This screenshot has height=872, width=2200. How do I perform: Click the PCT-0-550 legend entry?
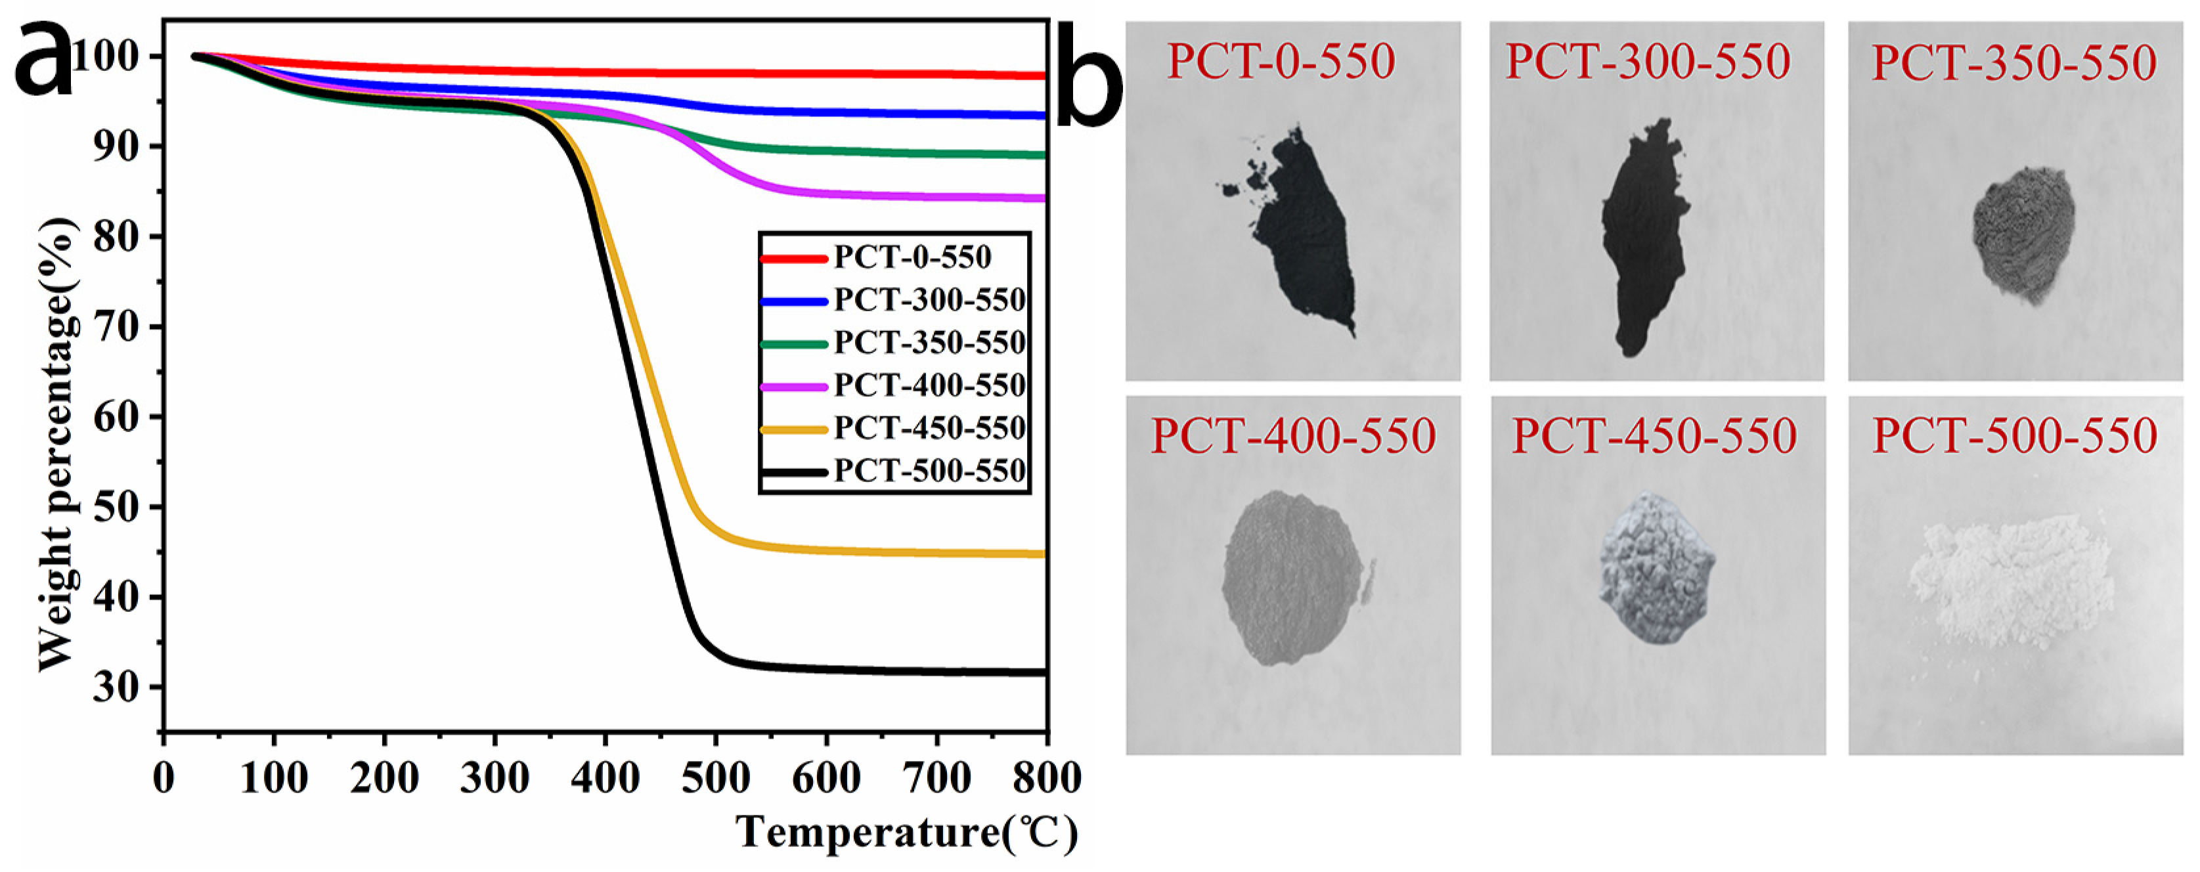tap(912, 257)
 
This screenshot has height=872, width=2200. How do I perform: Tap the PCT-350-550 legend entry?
tap(929, 343)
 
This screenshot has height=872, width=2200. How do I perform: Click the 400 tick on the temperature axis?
tap(605, 778)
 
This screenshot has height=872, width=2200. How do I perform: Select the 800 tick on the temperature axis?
tap(1046, 778)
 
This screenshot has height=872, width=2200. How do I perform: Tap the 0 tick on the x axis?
tap(163, 778)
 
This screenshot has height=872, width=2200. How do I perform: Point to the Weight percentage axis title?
tap(58, 444)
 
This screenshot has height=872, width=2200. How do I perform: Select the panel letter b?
tap(1089, 81)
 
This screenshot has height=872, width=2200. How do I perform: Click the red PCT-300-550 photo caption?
tap(1648, 62)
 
